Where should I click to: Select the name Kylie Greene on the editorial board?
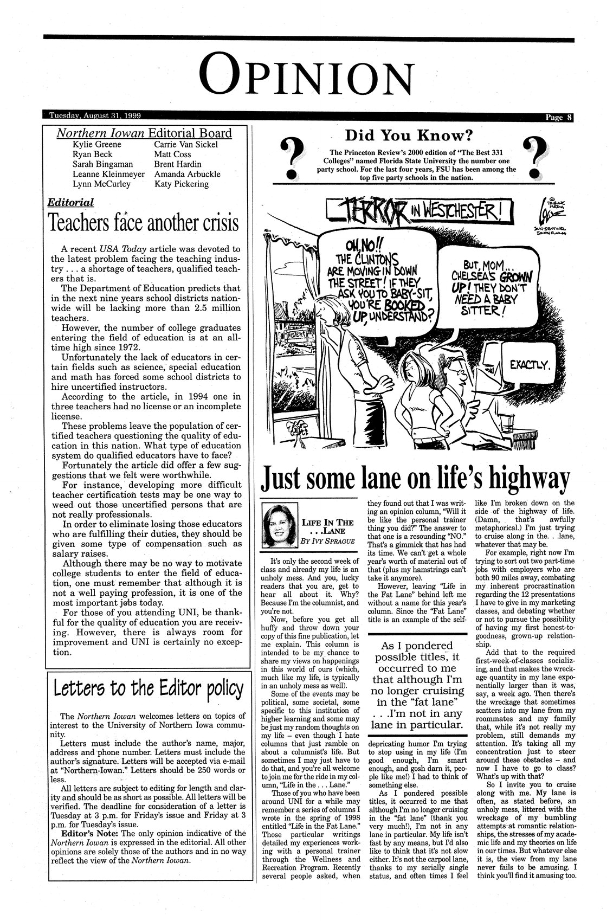point(97,145)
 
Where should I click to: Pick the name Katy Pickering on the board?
point(182,184)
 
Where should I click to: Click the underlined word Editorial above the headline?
point(70,203)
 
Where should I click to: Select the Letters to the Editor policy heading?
point(148,689)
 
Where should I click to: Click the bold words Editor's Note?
point(87,833)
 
